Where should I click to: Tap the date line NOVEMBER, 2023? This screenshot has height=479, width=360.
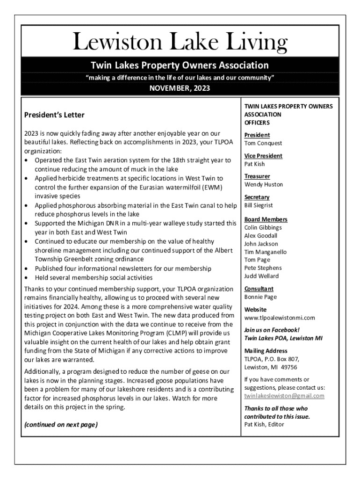pyautogui.click(x=180, y=88)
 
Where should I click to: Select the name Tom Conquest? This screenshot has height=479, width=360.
pyautogui.click(x=263, y=143)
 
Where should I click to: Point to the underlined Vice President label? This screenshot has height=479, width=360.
pyautogui.click(x=263, y=156)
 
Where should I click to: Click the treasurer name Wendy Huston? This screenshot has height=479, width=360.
pyautogui.click(x=264, y=184)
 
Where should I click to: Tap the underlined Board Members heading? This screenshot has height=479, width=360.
pyautogui.click(x=266, y=219)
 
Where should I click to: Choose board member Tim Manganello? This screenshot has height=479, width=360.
pyautogui.click(x=266, y=252)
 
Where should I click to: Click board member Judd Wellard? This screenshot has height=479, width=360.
pyautogui.click(x=261, y=276)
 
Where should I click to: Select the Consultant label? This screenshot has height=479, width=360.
pyautogui.click(x=259, y=289)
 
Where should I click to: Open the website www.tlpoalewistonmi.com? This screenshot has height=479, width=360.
pyautogui.click(x=280, y=318)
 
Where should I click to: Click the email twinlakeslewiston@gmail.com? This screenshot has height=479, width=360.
pyautogui.click(x=284, y=396)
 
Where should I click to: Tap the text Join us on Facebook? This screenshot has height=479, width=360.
pyautogui.click(x=272, y=330)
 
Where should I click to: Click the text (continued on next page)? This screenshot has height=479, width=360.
pyautogui.click(x=61, y=425)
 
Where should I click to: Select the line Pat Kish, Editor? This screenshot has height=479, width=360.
pyautogui.click(x=264, y=424)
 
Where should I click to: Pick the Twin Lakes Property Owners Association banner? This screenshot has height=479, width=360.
pyautogui.click(x=180, y=65)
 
